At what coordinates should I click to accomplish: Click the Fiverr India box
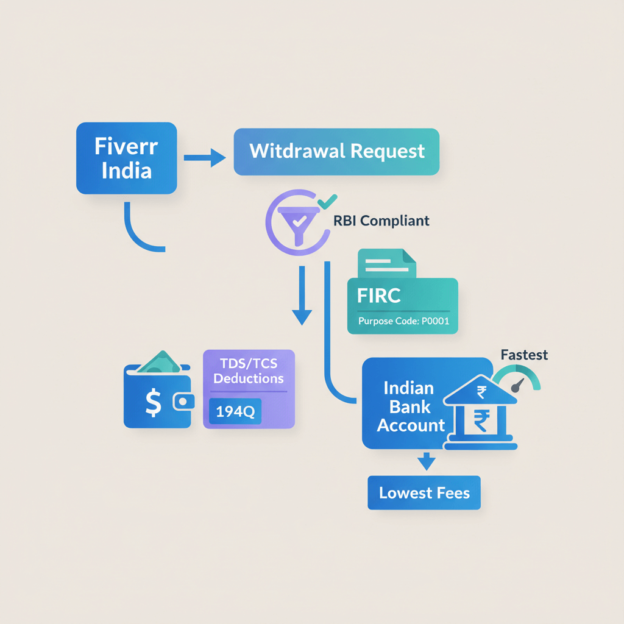tap(126, 158)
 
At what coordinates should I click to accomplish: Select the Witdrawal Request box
tap(336, 152)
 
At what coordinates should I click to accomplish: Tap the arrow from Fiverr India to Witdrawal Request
tap(205, 159)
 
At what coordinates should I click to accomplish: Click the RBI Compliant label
tap(381, 221)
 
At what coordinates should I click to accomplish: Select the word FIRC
tap(379, 296)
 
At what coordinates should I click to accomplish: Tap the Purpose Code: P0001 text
tap(403, 321)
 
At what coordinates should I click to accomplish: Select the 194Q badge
tap(235, 413)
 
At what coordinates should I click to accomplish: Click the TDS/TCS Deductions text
tap(249, 371)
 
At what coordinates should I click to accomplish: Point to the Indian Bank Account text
tap(410, 406)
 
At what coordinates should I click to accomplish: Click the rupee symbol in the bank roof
tap(481, 391)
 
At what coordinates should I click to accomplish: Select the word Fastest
tap(523, 355)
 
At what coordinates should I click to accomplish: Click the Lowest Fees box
tap(424, 492)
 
